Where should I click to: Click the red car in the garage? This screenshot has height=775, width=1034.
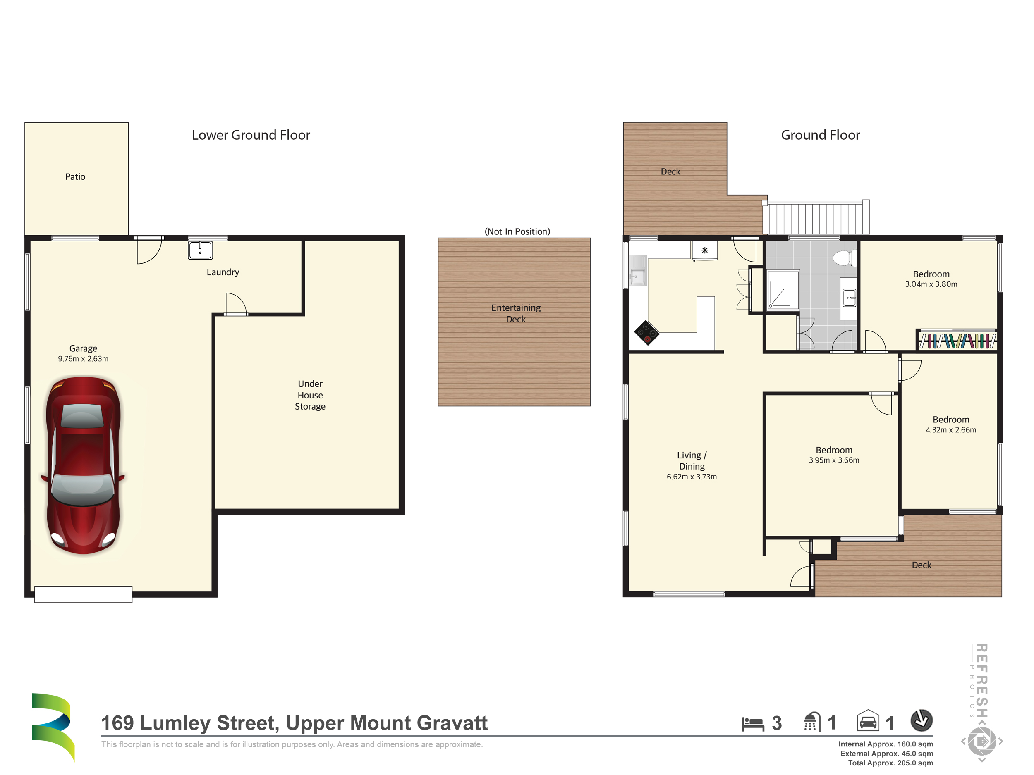pos(83,465)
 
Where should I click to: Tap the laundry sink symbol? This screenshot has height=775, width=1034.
pos(200,250)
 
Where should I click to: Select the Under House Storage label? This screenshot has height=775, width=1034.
pos(310,395)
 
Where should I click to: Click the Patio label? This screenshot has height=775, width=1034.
pos(75,176)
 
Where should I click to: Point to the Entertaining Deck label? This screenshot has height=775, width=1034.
pos(516,313)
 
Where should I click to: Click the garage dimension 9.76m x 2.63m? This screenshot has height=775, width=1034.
pos(83,359)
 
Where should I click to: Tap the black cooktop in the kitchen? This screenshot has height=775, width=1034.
pos(646,333)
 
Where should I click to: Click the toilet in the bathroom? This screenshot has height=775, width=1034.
pos(844,258)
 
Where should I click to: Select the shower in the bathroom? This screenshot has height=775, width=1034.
pos(783,290)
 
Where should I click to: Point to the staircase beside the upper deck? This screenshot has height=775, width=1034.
pos(816,218)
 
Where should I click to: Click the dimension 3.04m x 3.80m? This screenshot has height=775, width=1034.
pos(931,284)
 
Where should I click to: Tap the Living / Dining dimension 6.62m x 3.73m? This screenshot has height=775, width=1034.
pos(692,477)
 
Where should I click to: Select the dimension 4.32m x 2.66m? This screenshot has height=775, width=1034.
pos(951,430)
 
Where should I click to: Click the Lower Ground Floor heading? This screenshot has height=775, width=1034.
pos(251,135)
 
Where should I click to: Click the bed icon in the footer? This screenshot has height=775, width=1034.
pos(753,724)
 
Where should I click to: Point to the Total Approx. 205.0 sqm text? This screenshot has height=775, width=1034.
pos(890,763)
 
